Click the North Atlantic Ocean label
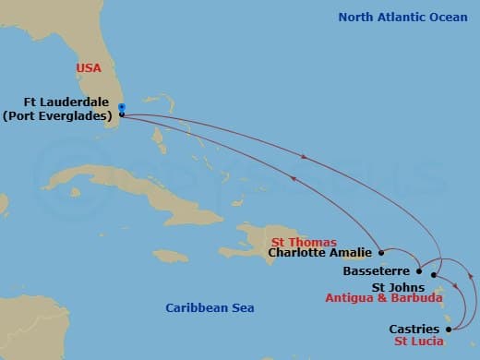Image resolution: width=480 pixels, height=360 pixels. tap(402, 17)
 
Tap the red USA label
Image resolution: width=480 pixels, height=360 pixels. tap(90, 68)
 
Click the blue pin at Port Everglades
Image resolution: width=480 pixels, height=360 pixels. tap(122, 109)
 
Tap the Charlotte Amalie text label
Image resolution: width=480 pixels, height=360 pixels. tap(318, 251)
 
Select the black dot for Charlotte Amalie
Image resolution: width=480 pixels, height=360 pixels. tap(381, 251)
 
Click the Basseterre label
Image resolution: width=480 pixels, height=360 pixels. tap(377, 272)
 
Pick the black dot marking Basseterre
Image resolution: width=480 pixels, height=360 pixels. tap(419, 271)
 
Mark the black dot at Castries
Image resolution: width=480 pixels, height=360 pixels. tap(450, 327)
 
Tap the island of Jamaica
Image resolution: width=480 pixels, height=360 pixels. tap(170, 255)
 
